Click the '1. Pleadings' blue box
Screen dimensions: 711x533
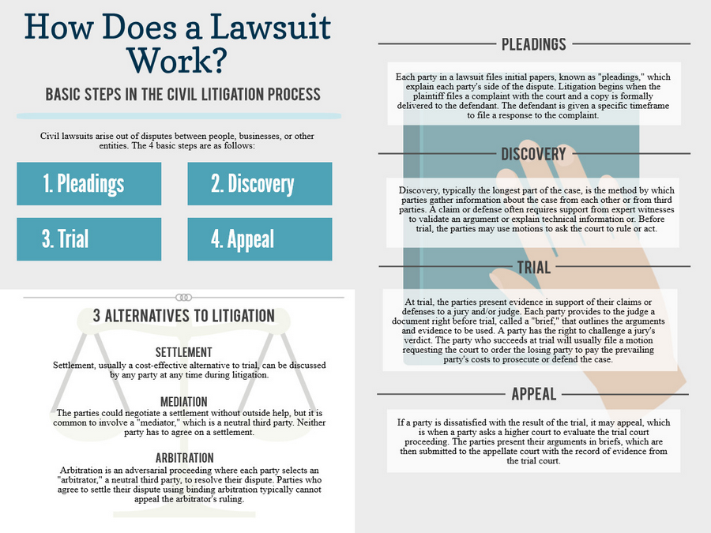pyautogui.click(x=88, y=183)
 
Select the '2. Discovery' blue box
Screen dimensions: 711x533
pyautogui.click(x=260, y=183)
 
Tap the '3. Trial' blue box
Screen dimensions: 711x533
pyautogui.click(x=88, y=238)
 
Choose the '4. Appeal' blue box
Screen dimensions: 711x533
pyautogui.click(x=260, y=238)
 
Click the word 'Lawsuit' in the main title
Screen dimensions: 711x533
pyautogui.click(x=270, y=27)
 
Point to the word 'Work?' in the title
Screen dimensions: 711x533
pyautogui.click(x=176, y=60)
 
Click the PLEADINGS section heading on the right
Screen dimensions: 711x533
pyautogui.click(x=534, y=44)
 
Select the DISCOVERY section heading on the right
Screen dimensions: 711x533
pyautogui.click(x=533, y=154)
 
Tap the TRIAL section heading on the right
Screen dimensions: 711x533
pyautogui.click(x=534, y=268)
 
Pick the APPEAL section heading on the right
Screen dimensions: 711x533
pyautogui.click(x=534, y=394)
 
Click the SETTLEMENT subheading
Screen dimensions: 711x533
pyautogui.click(x=183, y=352)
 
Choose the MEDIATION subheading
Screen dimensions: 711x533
pyautogui.click(x=183, y=402)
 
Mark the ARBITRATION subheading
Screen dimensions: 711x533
pyautogui.click(x=185, y=458)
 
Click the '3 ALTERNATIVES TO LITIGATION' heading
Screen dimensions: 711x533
pyautogui.click(x=183, y=316)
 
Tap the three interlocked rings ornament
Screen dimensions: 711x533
pyautogui.click(x=183, y=298)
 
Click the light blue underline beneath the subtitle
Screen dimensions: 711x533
pyautogui.click(x=179, y=116)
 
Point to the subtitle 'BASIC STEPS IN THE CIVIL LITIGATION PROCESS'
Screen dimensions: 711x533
pyautogui.click(x=182, y=94)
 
